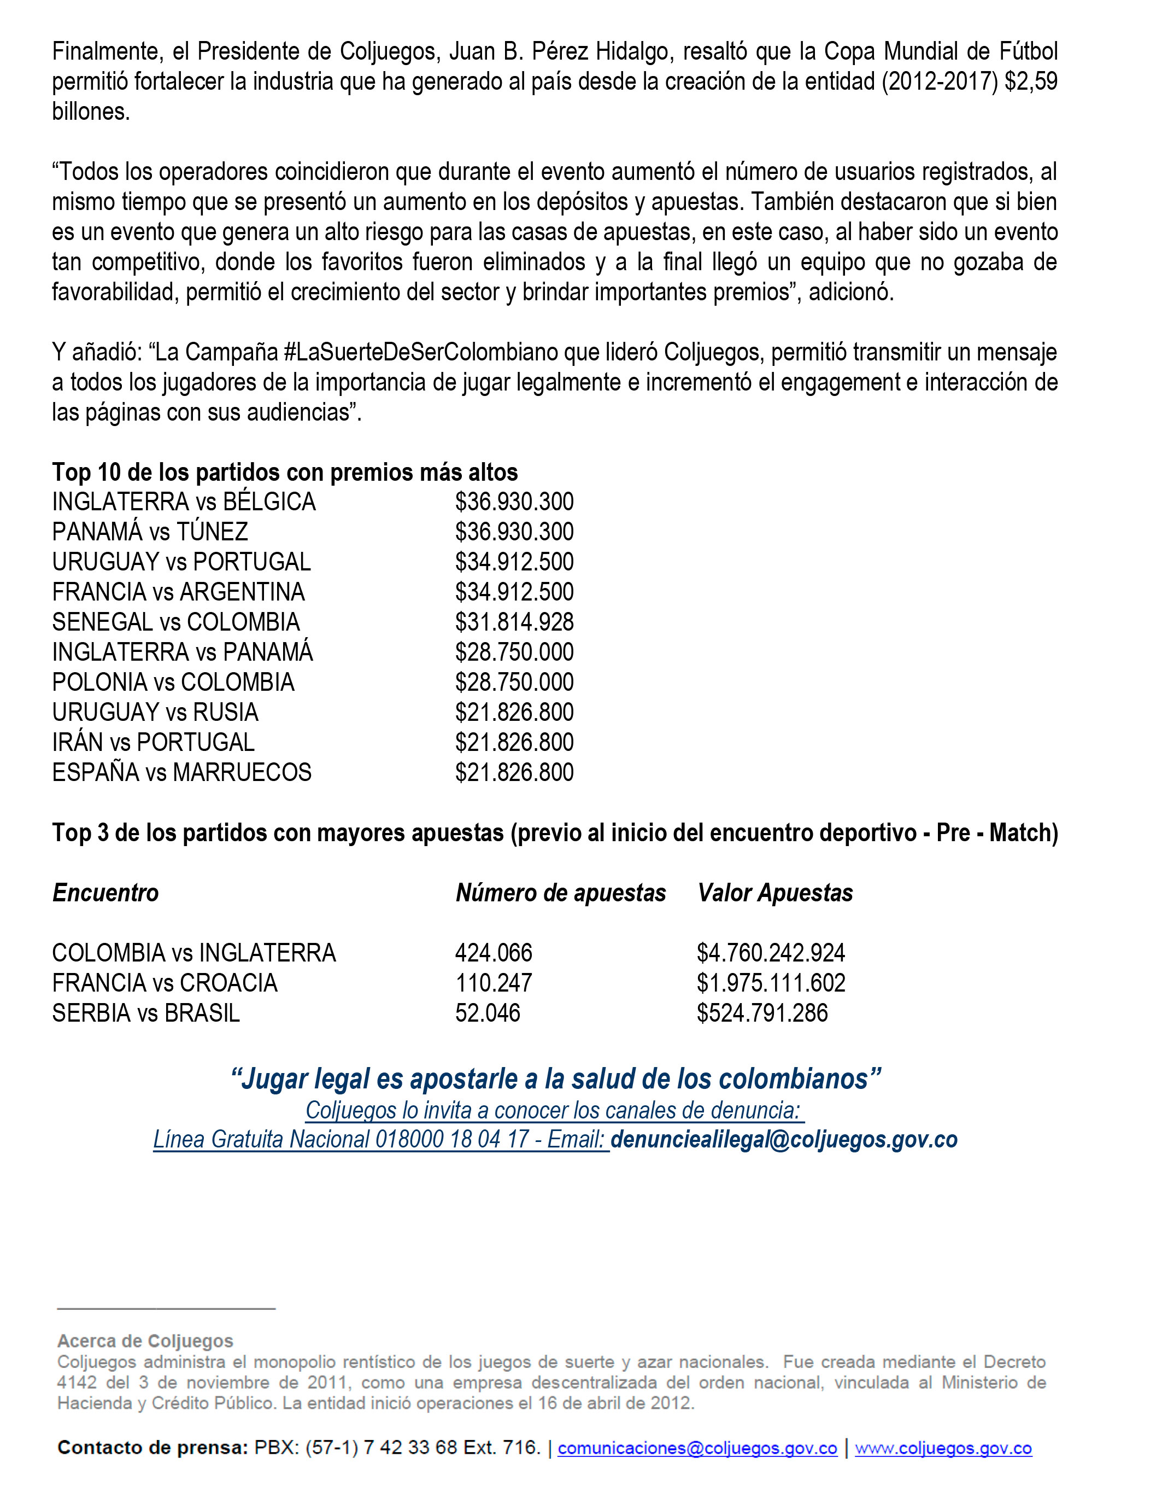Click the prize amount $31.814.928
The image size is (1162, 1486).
(514, 622)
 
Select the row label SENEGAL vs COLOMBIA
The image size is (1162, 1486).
(175, 622)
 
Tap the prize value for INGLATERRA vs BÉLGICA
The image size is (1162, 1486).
(514, 502)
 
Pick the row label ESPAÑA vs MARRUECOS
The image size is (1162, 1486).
(181, 773)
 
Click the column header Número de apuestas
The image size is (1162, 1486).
(561, 893)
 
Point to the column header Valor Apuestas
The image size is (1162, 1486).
(775, 893)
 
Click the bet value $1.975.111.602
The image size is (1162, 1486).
(771, 983)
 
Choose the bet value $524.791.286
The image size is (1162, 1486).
(762, 1013)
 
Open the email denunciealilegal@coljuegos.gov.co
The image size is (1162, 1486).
(784, 1139)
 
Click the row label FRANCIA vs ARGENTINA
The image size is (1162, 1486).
(178, 592)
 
